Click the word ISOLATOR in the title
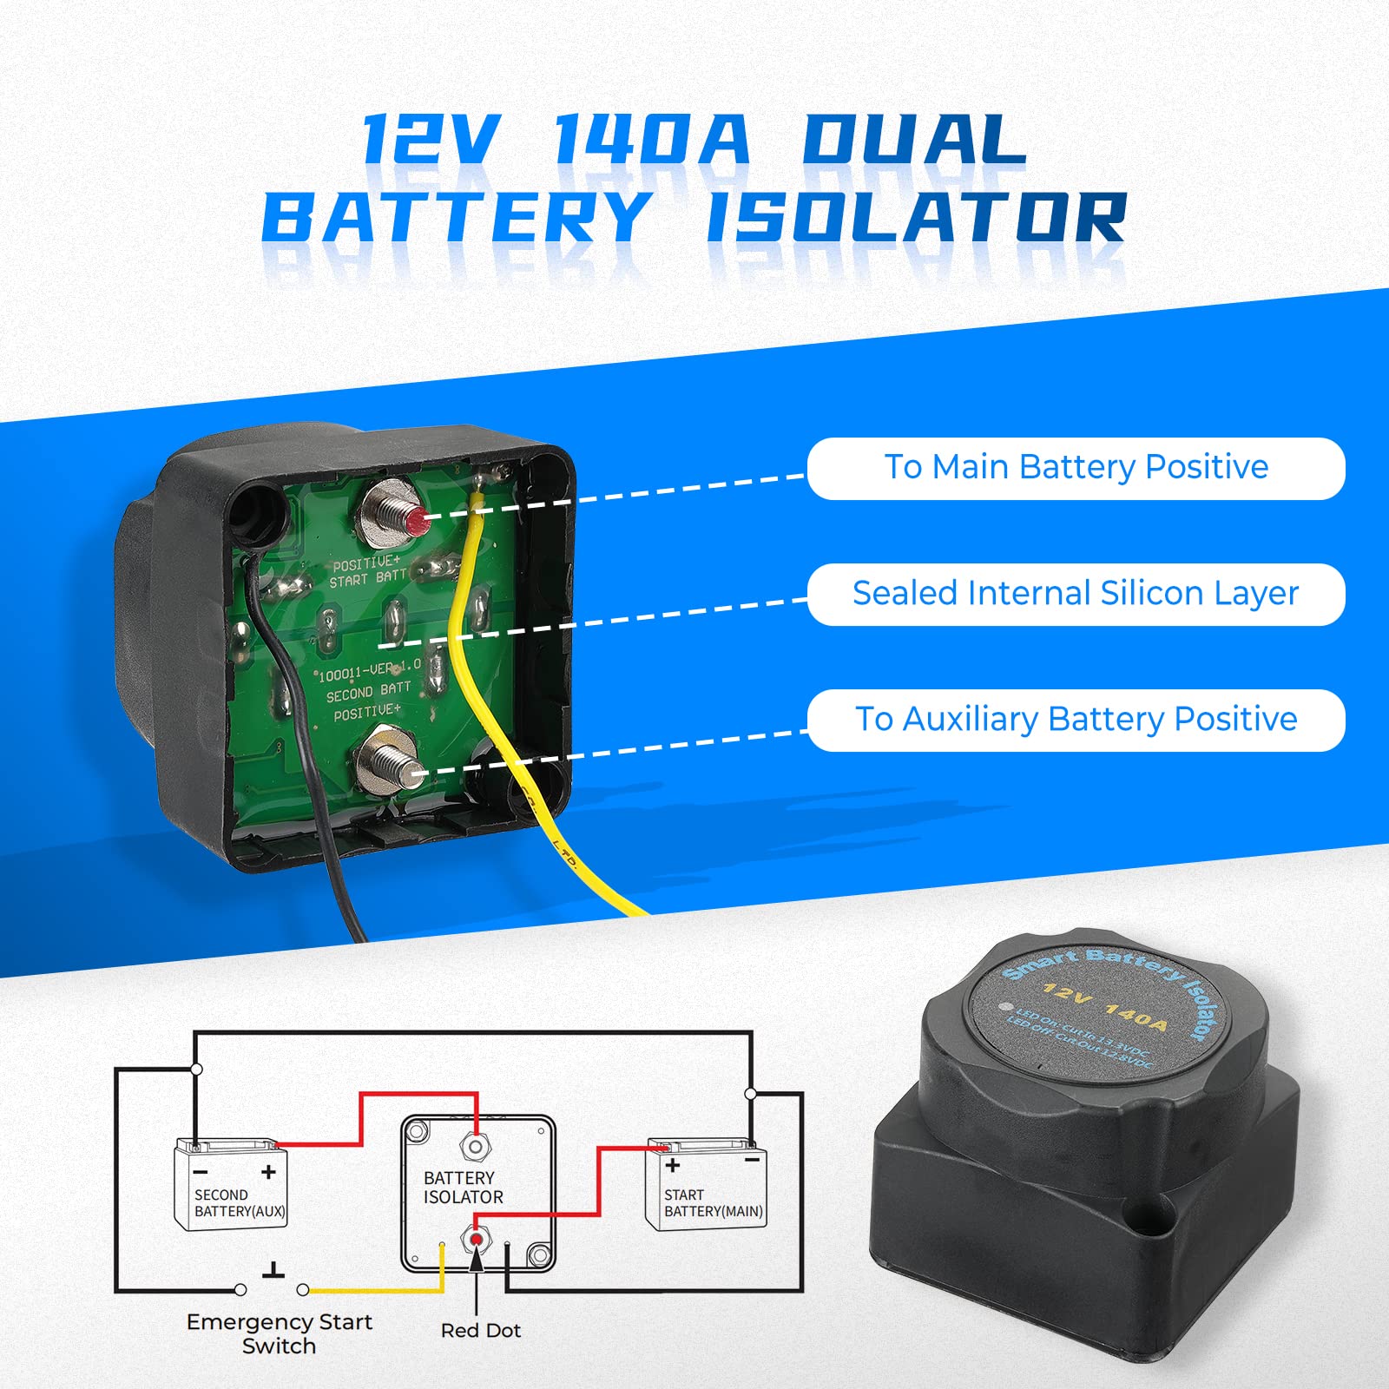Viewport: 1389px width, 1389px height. pos(916,217)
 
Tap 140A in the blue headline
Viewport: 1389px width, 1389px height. pos(651,139)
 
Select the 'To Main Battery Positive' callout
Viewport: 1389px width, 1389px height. pos(1076,468)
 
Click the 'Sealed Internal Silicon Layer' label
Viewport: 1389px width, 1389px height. pos(1076,594)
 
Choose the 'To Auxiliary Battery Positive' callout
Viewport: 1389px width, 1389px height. pos(1076,720)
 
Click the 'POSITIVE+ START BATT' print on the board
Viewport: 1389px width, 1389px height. pos(368,571)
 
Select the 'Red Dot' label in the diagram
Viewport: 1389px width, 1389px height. pos(480,1330)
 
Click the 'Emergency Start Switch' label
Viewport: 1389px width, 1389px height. pos(279,1333)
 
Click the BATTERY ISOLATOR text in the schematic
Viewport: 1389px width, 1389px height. pos(463,1188)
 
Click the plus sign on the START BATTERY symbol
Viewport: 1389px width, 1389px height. pos(672,1165)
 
